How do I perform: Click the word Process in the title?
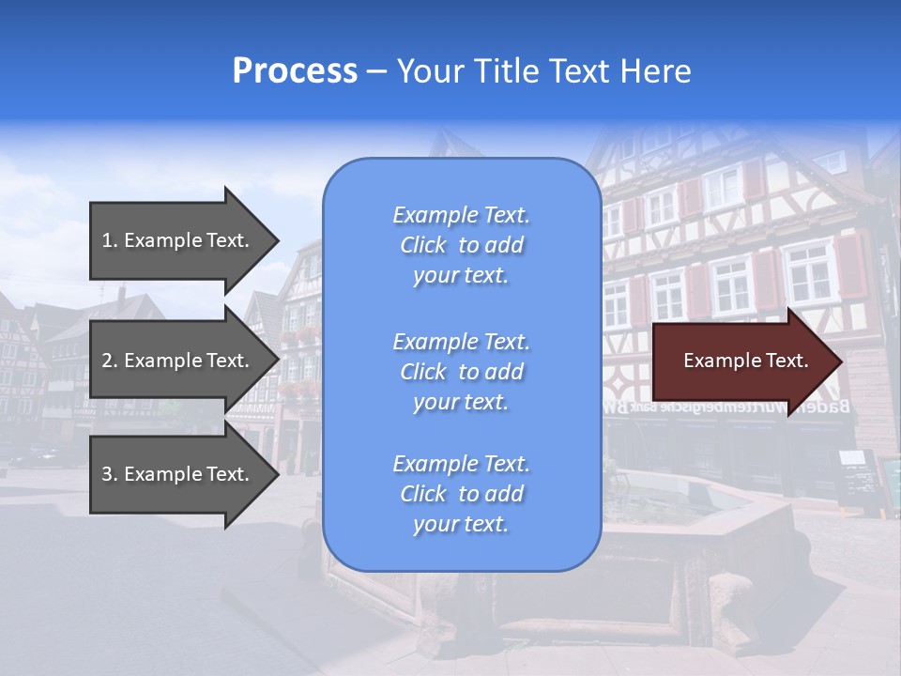(x=295, y=71)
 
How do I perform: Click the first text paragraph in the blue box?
(x=461, y=245)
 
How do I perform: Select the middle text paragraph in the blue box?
(x=461, y=372)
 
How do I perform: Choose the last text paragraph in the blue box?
(x=461, y=494)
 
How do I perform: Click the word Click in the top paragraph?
(x=423, y=245)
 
